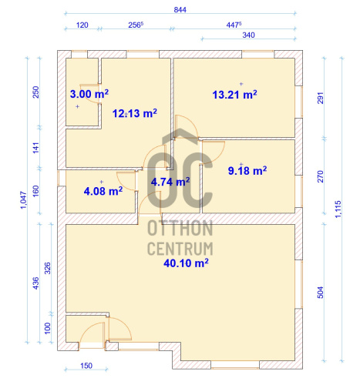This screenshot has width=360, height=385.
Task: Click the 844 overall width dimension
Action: coord(180,10)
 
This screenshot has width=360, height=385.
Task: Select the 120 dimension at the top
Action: coord(82,25)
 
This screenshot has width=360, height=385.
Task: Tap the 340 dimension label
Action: coord(248,35)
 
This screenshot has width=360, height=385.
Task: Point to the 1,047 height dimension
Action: coord(23,200)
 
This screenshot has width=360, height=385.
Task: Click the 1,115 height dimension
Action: coord(338,209)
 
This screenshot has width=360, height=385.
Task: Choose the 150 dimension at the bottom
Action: coord(86,366)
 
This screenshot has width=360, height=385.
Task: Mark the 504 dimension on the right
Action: coord(321,293)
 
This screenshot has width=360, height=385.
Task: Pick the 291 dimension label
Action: coord(321,98)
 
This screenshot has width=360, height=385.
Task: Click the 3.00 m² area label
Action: coord(89,94)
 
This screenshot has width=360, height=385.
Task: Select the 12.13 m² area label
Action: coord(135,113)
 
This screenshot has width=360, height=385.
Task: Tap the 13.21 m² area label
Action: coord(234,95)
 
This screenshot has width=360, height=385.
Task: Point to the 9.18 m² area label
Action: coord(247,170)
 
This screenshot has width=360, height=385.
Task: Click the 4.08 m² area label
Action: coord(103,191)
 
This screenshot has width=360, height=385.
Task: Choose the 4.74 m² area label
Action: coord(170,182)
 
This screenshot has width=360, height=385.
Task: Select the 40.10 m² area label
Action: coord(186,263)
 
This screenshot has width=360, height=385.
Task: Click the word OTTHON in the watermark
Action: coord(180,228)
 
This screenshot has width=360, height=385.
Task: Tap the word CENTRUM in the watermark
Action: coord(180,248)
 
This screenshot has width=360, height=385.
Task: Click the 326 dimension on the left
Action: coord(48,268)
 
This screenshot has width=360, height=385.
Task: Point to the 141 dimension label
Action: coord(36,148)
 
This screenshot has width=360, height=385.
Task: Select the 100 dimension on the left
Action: coord(48,328)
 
